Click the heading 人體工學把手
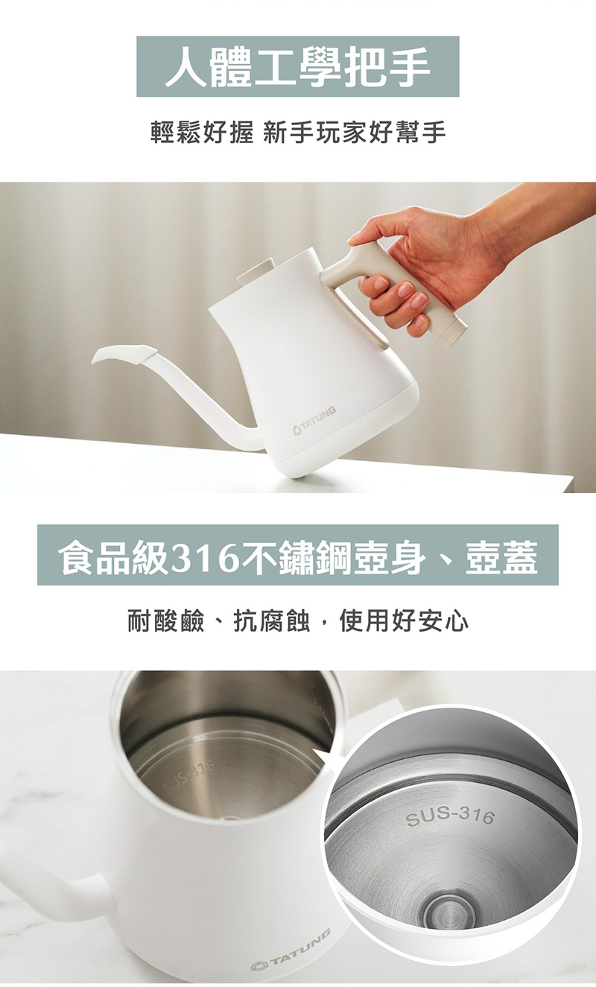297,67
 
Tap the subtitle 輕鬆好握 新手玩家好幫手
297,132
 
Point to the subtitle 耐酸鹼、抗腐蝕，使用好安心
297,622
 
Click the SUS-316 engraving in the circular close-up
450,816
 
